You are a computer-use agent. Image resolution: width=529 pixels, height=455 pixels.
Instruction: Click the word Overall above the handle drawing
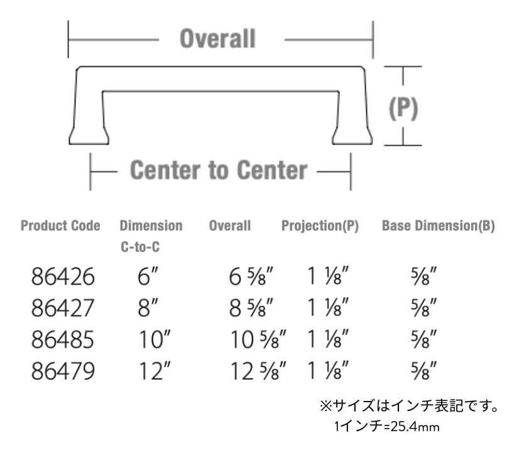click(x=217, y=38)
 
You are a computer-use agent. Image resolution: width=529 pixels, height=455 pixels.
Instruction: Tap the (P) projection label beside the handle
click(x=403, y=108)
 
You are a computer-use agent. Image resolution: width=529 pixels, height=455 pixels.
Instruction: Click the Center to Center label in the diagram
click(x=219, y=170)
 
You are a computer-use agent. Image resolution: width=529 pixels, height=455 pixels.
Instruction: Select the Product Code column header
click(x=60, y=226)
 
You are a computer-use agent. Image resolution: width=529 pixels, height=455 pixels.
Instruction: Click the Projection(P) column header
click(x=320, y=226)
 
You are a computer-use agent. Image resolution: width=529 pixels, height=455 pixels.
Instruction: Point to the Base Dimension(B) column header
click(x=439, y=226)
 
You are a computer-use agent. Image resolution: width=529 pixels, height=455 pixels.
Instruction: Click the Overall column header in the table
click(x=230, y=226)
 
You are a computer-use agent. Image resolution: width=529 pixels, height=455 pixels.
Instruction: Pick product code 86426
click(x=63, y=277)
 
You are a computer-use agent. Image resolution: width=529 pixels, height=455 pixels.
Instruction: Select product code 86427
click(x=63, y=308)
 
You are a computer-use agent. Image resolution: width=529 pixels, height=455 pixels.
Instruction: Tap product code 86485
click(x=63, y=339)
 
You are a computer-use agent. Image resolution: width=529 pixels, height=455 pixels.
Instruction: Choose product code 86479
click(x=63, y=371)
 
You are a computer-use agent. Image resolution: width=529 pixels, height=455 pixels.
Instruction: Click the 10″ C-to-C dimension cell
click(x=155, y=339)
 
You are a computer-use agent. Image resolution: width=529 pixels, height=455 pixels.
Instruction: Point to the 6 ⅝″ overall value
click(x=251, y=277)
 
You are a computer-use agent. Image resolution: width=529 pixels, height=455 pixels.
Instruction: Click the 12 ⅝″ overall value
click(x=258, y=371)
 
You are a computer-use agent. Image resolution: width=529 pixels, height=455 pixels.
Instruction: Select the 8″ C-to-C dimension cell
click(x=148, y=308)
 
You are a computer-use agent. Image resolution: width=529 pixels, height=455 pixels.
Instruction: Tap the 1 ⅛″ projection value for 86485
click(x=328, y=339)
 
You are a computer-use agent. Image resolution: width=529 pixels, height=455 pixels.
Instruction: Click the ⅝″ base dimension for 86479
click(x=423, y=371)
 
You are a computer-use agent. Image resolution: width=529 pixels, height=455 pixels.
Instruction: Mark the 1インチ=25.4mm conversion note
click(x=386, y=427)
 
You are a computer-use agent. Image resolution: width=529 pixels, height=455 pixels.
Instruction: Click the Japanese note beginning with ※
click(x=409, y=406)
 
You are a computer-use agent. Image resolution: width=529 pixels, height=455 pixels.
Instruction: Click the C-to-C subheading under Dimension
click(x=140, y=247)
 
